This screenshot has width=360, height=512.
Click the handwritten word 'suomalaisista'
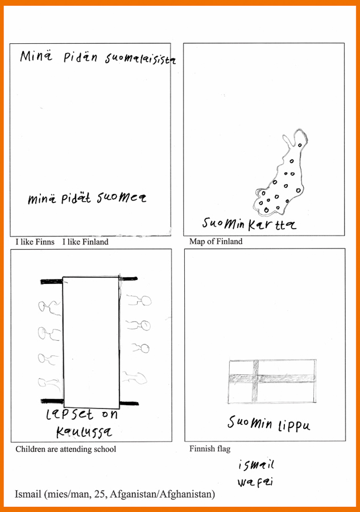tap(140, 59)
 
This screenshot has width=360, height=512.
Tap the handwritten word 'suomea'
tap(121, 197)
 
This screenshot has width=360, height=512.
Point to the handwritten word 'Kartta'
tap(272, 225)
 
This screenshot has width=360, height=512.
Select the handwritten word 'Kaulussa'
tap(84, 432)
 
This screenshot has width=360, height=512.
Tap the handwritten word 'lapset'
tap(69, 414)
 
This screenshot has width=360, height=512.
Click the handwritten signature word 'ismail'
tap(256, 465)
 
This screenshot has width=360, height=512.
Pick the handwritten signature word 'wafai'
tap(255, 482)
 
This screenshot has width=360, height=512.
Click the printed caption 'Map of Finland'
tap(216, 241)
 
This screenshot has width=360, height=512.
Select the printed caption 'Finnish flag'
tap(210, 449)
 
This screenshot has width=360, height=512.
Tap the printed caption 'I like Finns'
tap(35, 242)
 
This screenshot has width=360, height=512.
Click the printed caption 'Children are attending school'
tap(65, 449)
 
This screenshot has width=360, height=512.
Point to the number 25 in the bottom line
tap(98, 494)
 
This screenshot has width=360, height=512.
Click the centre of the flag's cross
tap(255, 378)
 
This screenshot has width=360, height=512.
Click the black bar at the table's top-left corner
tap(52, 282)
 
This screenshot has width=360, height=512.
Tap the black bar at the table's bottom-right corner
tap(129, 403)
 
